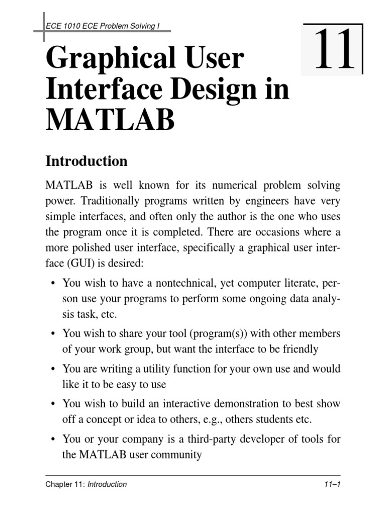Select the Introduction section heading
[86, 161]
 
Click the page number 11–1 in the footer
[332, 484]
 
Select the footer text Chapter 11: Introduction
[86, 484]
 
